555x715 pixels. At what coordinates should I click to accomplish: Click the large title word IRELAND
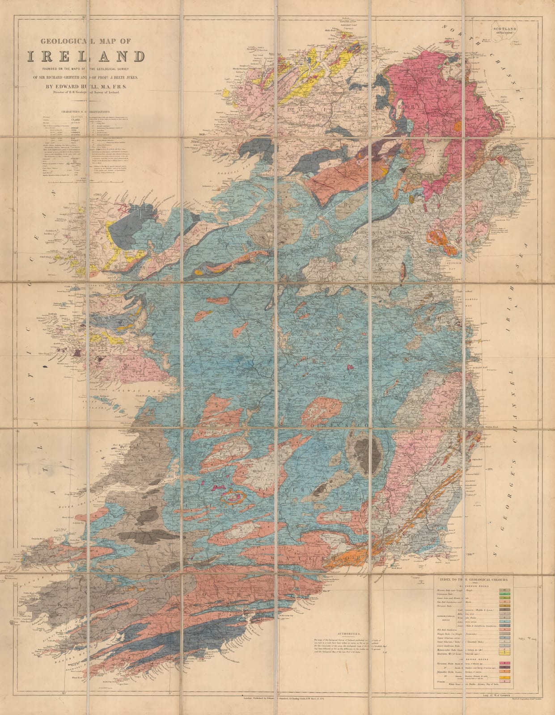coord(86,56)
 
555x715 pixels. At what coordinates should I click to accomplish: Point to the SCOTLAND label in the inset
coord(505,29)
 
